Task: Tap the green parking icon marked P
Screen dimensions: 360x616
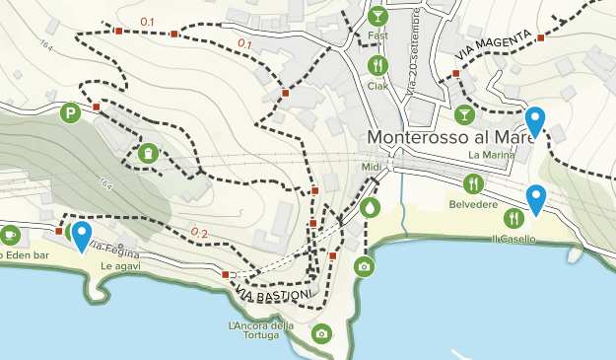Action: (x=70, y=114)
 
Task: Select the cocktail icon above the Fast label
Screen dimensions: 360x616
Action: (x=377, y=16)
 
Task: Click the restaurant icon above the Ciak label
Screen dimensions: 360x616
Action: (x=377, y=66)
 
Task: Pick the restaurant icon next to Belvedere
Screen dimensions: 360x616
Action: (x=474, y=183)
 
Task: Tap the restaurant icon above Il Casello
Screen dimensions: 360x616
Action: (x=513, y=218)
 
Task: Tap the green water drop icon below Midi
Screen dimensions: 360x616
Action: (x=370, y=208)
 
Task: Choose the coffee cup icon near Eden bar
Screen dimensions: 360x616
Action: (x=10, y=235)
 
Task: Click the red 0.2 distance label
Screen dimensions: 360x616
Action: (x=199, y=233)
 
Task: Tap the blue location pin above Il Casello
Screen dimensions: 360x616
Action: (x=535, y=198)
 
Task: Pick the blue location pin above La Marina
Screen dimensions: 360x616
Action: (x=534, y=120)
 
